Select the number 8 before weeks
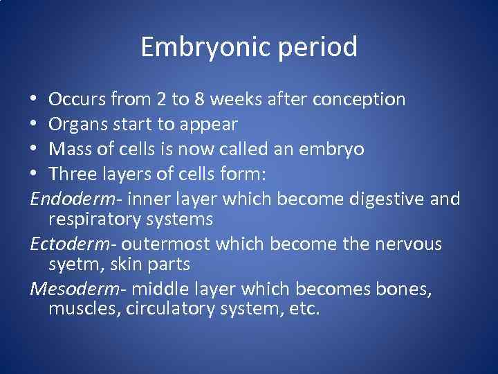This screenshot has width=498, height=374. click(199, 100)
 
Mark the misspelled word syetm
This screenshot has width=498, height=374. click(71, 265)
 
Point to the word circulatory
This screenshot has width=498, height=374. click(171, 308)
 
